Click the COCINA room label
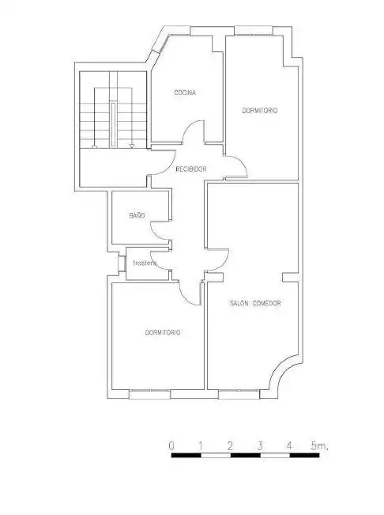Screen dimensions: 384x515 185,93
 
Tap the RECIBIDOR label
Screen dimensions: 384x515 191,169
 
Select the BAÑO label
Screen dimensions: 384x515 137,215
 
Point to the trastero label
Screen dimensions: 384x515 145,263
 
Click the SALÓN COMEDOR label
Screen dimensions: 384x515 255,303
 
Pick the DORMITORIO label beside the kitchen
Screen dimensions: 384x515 260,111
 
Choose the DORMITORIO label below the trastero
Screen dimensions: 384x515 163,332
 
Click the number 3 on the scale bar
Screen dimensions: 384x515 260,446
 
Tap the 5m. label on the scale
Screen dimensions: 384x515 319,446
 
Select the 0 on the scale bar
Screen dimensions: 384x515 171,446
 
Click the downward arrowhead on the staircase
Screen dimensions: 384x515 131,146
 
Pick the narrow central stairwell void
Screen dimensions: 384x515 113,124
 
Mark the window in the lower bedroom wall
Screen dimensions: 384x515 150,394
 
